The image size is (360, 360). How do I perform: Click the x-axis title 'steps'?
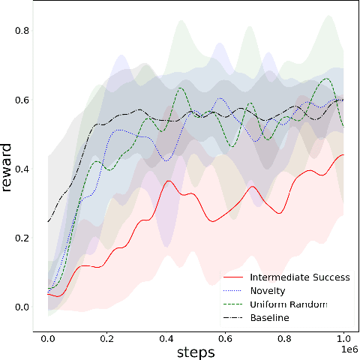click(x=196, y=351)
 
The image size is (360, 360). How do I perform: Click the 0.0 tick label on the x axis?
click(x=47, y=337)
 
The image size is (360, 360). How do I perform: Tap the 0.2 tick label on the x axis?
click(x=106, y=337)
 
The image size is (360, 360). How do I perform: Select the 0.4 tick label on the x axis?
click(x=166, y=337)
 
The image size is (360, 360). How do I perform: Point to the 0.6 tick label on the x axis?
click(x=225, y=337)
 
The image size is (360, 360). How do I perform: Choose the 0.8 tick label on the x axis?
click(x=284, y=337)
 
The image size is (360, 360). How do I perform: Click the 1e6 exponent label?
click(x=349, y=349)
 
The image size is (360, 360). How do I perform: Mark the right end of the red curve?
click(x=343, y=155)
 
